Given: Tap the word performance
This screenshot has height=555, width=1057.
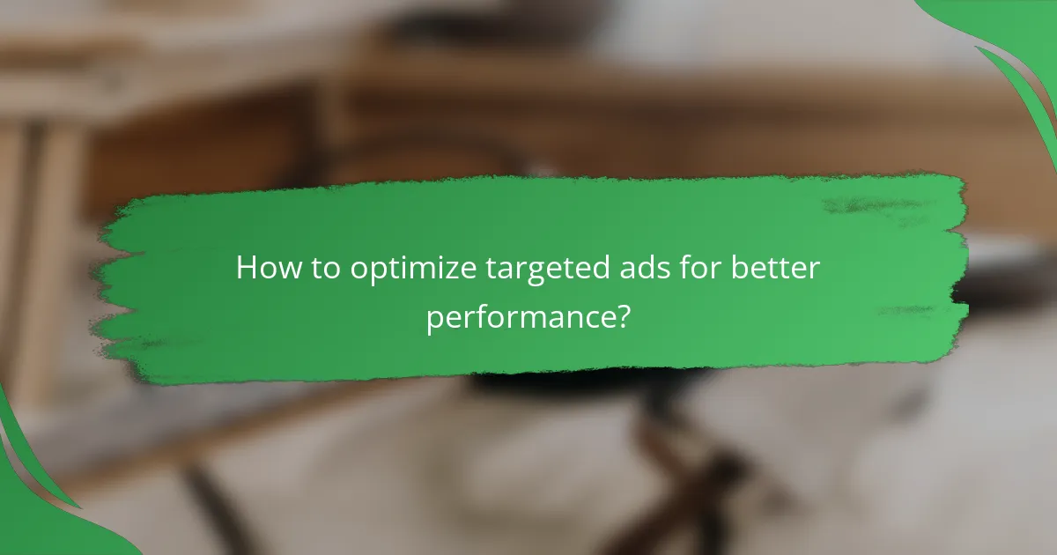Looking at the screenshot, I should (520, 316).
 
